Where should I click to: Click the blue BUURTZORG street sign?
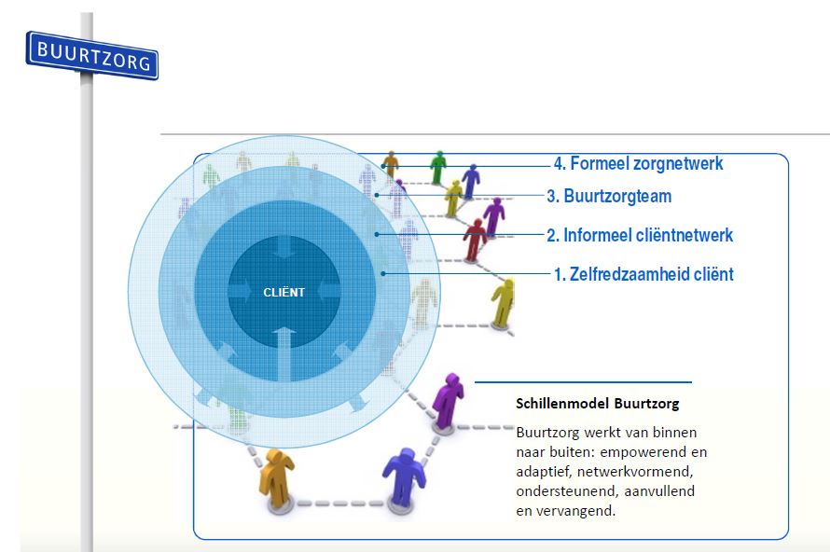[92, 56]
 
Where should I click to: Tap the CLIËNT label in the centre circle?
[284, 292]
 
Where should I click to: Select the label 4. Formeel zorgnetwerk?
[638, 163]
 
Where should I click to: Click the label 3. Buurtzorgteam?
[609, 196]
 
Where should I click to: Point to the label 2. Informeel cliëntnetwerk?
[640, 235]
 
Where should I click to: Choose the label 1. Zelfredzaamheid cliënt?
[643, 274]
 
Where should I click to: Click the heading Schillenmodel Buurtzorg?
[597, 404]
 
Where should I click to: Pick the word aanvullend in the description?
[659, 491]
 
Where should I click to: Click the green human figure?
[437, 167]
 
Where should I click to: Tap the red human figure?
[475, 241]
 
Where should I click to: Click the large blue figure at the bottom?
[404, 477]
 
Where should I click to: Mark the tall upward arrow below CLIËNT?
[284, 354]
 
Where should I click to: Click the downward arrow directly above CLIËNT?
[284, 247]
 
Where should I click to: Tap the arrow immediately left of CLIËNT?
[240, 292]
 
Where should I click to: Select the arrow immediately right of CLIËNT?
[328, 292]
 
